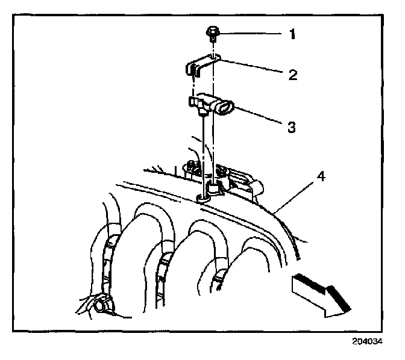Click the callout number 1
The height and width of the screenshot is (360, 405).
click(x=292, y=34)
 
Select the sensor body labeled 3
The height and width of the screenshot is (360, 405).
click(x=208, y=104)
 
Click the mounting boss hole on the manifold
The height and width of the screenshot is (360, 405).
click(x=205, y=196)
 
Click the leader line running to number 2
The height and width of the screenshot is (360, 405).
click(x=253, y=66)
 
